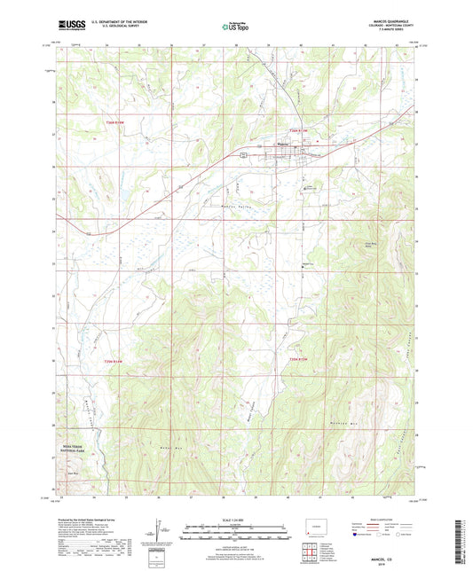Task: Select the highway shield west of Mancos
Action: point(246,155)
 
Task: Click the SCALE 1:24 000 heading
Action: point(236,520)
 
